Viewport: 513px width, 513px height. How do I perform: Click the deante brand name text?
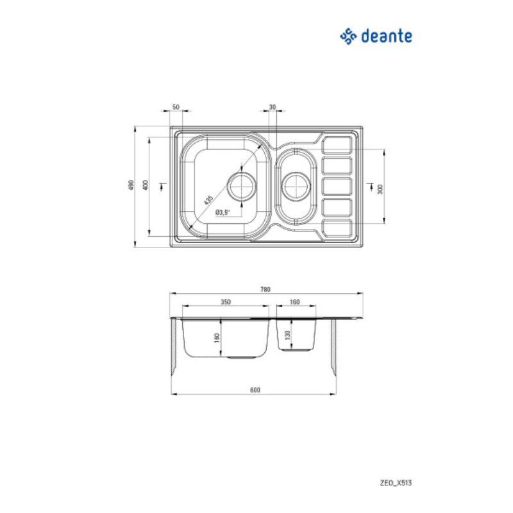tap(387, 36)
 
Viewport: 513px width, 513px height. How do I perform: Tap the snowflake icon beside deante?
tap(348, 37)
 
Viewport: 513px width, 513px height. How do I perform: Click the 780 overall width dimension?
tap(265, 290)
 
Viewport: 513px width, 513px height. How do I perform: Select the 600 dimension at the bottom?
tap(255, 390)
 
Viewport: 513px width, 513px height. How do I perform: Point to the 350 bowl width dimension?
tap(226, 302)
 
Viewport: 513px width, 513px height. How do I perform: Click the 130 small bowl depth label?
tap(287, 335)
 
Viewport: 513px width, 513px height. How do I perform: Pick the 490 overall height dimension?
tap(131, 185)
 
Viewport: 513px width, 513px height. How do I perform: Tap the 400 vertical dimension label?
tap(146, 185)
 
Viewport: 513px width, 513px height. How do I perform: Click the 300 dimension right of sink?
tap(380, 189)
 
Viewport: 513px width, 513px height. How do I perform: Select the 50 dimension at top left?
tap(176, 107)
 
